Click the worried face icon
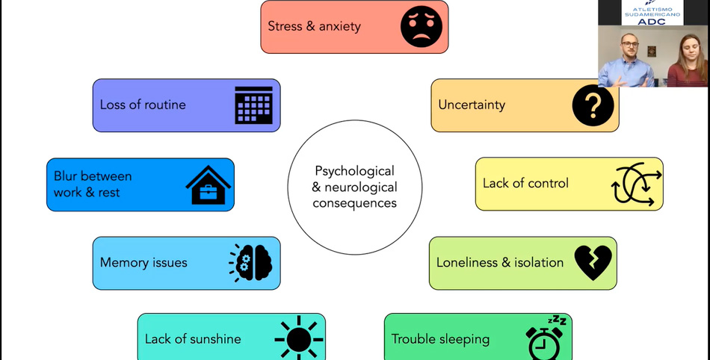tap(422, 27)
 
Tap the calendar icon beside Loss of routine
tap(253, 105)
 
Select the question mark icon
tap(593, 105)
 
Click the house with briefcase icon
tap(209, 184)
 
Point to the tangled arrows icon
tap(637, 184)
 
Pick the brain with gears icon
tap(251, 263)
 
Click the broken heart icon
tap(593, 263)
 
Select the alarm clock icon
tap(545, 339)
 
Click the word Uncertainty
tap(472, 105)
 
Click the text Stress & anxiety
tap(314, 26)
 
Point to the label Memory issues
tap(143, 263)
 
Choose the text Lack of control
tap(525, 183)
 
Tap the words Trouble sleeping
tap(440, 339)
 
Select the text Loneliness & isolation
tap(500, 262)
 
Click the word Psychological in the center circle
tap(354, 171)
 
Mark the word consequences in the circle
tap(354, 202)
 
